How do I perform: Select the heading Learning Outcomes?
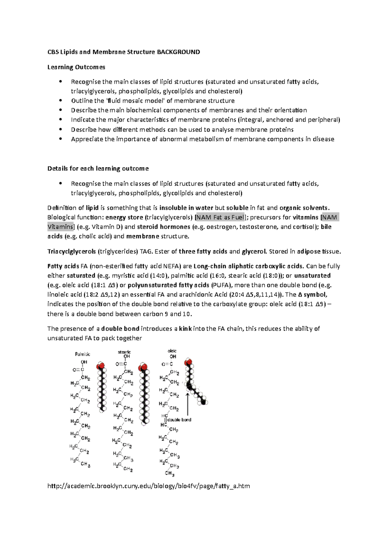pyautogui.click(x=76, y=67)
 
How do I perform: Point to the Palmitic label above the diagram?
pyautogui.click(x=83, y=354)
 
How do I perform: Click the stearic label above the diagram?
pyautogui.click(x=124, y=352)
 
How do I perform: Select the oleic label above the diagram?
pyautogui.click(x=172, y=351)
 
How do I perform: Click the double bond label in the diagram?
pyautogui.click(x=179, y=420)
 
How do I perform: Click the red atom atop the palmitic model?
pyautogui.click(x=101, y=365)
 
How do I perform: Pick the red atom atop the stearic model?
pyautogui.click(x=142, y=368)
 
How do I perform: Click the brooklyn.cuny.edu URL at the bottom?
pyautogui.click(x=149, y=486)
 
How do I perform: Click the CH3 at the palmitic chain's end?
pyautogui.click(x=86, y=464)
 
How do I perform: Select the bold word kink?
pyautogui.click(x=185, y=329)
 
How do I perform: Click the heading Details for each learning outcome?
pyautogui.click(x=98, y=169)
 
